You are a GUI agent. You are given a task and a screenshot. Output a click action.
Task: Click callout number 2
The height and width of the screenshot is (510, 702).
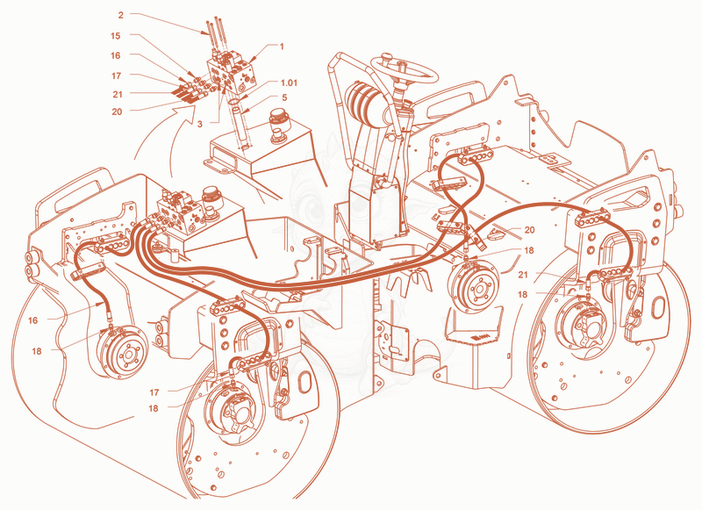click(x=120, y=15)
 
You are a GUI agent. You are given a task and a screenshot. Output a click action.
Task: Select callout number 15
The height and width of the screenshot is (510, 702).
click(x=116, y=35)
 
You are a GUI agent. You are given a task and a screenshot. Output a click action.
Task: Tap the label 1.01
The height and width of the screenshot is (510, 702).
click(x=289, y=83)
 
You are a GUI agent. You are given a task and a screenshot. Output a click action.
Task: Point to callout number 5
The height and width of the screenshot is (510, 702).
click(x=284, y=97)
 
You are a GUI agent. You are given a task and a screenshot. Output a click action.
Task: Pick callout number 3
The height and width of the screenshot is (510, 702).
click(x=200, y=124)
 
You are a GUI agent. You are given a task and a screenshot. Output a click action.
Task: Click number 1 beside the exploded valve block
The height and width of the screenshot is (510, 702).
click(x=282, y=47)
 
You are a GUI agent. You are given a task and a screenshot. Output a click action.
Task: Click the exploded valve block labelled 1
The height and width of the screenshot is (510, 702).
click(x=232, y=74)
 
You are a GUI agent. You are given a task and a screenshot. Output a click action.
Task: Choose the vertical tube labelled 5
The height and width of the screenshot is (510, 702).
click(x=242, y=128)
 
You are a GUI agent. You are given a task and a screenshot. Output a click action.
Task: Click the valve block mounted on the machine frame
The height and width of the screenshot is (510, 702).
click(x=180, y=211)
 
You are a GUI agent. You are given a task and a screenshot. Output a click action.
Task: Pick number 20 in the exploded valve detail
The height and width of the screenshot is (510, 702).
click(x=117, y=111)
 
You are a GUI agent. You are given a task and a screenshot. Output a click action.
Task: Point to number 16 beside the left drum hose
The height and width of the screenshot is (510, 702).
click(x=32, y=320)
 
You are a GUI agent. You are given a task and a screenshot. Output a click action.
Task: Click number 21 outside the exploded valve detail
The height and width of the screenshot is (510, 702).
click(x=523, y=275)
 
